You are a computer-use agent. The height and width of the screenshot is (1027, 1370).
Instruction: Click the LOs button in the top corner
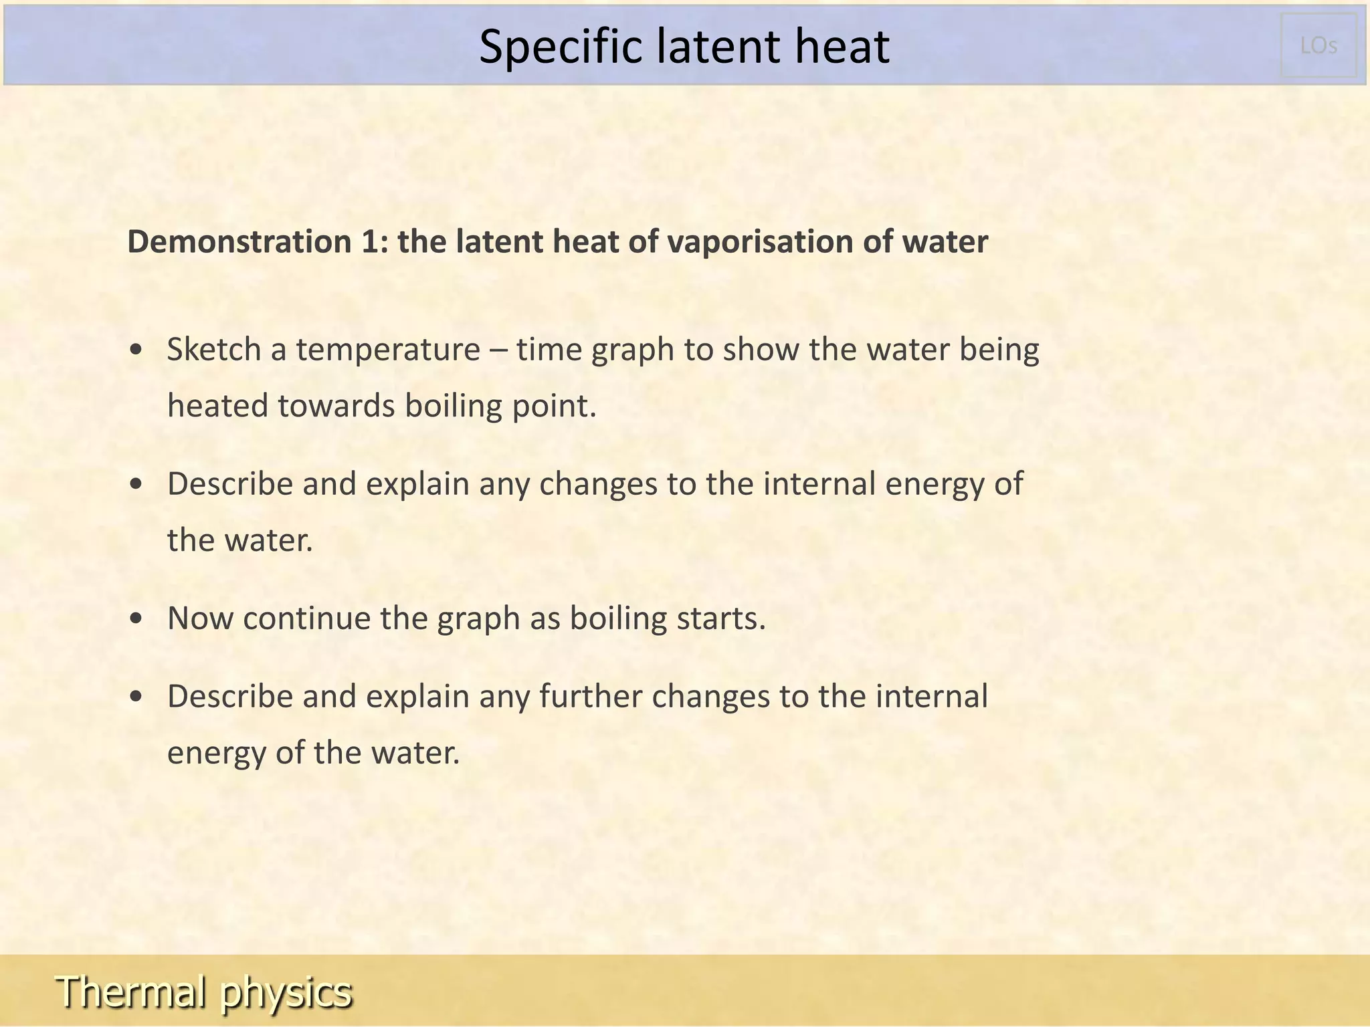click(x=1318, y=45)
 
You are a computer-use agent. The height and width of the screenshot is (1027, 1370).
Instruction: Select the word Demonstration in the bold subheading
click(x=239, y=241)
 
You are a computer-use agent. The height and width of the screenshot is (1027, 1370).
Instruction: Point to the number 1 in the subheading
click(x=370, y=241)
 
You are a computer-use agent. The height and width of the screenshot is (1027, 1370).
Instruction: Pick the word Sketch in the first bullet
click(x=213, y=350)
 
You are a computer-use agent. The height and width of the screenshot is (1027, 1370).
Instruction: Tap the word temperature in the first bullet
click(x=388, y=350)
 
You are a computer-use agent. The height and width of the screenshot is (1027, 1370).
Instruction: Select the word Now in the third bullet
click(x=200, y=618)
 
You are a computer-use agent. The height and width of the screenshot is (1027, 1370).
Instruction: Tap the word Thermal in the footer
click(x=131, y=991)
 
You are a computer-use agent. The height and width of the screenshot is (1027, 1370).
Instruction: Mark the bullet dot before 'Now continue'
click(x=136, y=619)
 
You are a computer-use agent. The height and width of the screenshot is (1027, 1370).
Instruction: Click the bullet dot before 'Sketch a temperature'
click(x=136, y=350)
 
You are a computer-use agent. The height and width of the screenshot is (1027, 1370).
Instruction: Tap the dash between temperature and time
click(x=498, y=350)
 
